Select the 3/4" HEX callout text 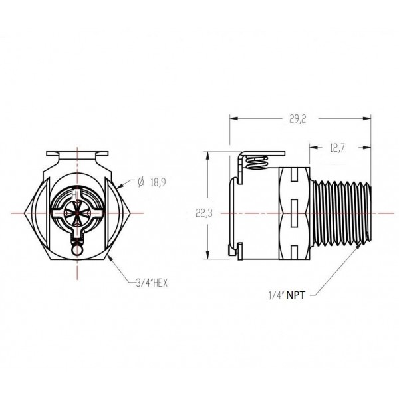click(x=150, y=283)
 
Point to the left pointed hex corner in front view click(x=25, y=212)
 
